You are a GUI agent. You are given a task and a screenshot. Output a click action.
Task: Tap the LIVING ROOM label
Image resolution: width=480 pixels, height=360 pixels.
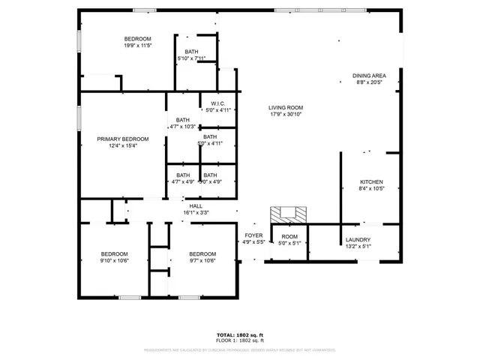[286, 107]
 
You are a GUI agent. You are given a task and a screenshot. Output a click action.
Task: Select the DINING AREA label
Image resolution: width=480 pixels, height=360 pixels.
[370, 76]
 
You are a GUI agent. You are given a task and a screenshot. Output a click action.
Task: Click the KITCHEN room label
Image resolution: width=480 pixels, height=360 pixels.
[371, 182]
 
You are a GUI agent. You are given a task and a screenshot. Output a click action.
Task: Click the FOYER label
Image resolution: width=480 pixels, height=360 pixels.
[253, 235]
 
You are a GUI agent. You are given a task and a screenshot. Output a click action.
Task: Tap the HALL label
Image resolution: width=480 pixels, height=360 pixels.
[196, 205]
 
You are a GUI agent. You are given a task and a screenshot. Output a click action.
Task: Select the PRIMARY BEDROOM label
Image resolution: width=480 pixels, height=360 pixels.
[122, 139]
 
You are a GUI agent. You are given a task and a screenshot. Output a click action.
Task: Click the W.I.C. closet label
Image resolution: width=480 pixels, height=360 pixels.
[218, 103]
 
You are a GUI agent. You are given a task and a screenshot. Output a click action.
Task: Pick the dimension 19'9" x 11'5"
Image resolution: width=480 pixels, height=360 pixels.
[137, 46]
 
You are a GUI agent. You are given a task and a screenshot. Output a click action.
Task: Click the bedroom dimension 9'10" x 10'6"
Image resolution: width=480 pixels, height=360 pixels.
[115, 260]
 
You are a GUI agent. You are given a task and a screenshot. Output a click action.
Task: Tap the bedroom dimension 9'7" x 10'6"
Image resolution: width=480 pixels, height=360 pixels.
[202, 260]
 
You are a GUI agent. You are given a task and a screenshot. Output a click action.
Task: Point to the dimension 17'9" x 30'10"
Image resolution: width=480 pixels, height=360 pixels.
[286, 114]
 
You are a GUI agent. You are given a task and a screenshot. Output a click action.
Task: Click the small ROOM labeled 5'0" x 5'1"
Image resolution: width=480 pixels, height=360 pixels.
[289, 236]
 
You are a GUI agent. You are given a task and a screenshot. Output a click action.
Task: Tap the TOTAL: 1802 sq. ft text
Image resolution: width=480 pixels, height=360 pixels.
[240, 334]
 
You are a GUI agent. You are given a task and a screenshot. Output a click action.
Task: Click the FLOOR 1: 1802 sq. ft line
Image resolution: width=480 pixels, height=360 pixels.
[240, 340]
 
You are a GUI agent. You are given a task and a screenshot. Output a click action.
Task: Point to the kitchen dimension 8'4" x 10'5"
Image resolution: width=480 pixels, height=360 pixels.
[371, 189]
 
